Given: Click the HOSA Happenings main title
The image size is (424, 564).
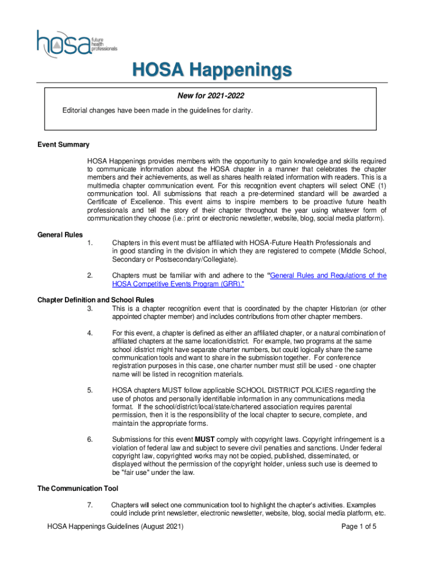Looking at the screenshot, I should (211, 70).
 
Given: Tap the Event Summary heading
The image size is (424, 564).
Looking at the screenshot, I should (63, 145).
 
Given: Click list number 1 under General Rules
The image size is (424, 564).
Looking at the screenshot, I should (90, 243).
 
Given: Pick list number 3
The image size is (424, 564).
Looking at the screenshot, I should (90, 308).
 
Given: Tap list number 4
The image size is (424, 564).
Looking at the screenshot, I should (90, 333).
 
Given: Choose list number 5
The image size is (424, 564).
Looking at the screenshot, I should (90, 391).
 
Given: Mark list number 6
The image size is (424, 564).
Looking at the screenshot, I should (90, 440).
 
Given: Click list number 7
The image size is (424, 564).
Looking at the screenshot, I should (90, 505).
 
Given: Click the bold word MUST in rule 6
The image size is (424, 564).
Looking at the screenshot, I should (205, 440).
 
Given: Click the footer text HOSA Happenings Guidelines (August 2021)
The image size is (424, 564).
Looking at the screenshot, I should (115, 527).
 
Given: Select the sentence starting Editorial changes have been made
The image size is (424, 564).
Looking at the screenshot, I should (157, 111).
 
